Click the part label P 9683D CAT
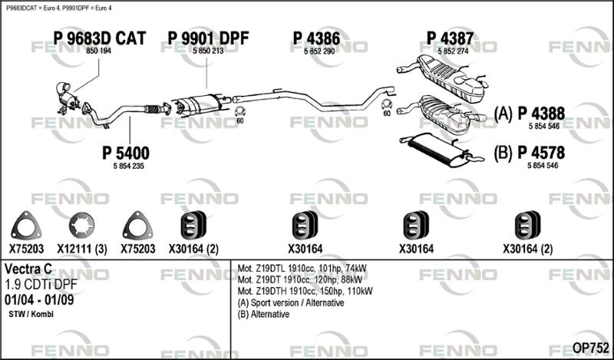[x=100, y=38]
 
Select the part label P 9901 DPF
[x=208, y=38]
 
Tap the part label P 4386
[x=316, y=38]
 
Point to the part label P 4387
[x=450, y=38]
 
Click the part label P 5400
[x=126, y=153]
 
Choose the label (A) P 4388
[x=530, y=114]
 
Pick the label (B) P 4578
[x=530, y=153]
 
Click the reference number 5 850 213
[x=208, y=51]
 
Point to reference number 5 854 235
[x=129, y=166]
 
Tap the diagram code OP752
[x=590, y=348]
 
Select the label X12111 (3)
[x=82, y=249]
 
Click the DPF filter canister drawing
[x=200, y=104]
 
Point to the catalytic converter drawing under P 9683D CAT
[x=68, y=98]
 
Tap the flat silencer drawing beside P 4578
[x=441, y=150]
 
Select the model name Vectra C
[x=28, y=269]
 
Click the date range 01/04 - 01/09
[x=39, y=299]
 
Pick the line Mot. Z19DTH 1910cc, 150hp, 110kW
[x=305, y=291]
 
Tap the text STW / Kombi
[x=31, y=314]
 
